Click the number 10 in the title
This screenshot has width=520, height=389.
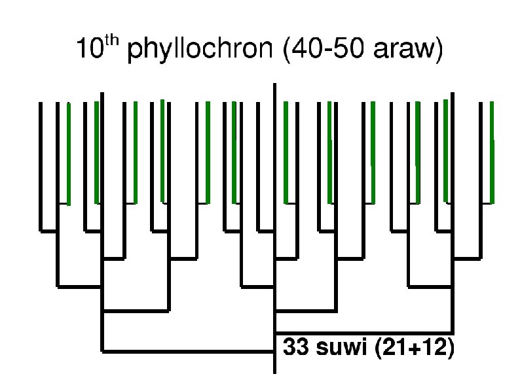point(89,51)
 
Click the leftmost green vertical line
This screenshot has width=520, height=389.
point(68,154)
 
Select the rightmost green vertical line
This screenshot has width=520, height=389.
point(492,154)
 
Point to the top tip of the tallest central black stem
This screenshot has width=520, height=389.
point(274,86)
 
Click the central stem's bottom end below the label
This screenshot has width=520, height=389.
point(274,371)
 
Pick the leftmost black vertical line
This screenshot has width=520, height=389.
point(41,167)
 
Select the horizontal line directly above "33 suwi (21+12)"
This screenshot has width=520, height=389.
point(363,332)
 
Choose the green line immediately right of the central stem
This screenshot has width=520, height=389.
point(286,154)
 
